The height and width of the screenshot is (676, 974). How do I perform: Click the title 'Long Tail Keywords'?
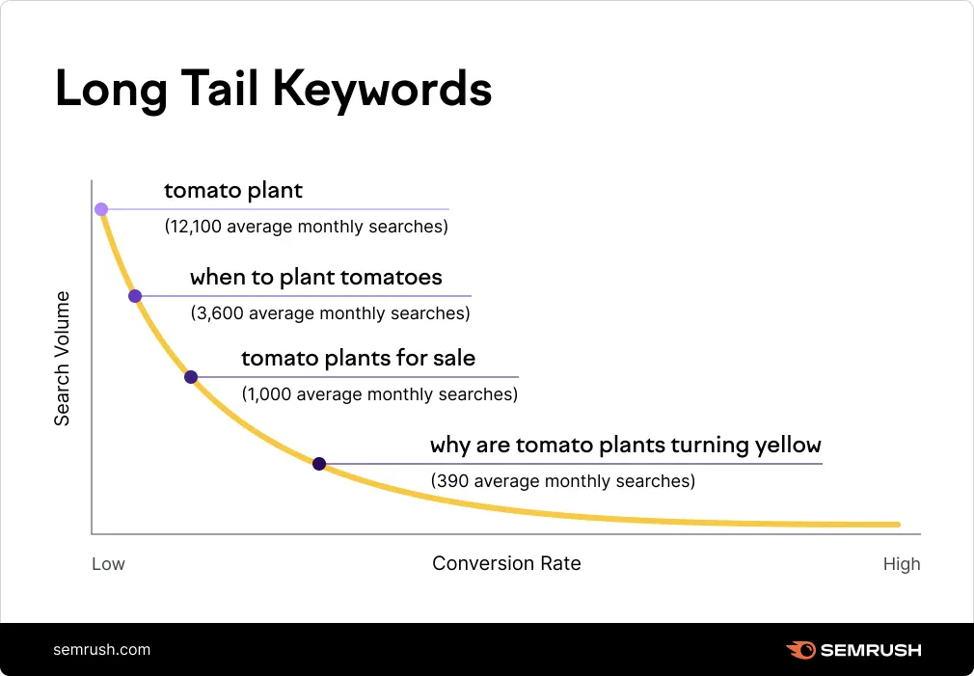[x=273, y=90]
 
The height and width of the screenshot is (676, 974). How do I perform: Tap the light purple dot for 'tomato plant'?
[x=101, y=209]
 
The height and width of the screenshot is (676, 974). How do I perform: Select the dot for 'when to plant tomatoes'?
[x=135, y=296]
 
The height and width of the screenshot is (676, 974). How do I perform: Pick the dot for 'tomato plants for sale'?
[x=191, y=377]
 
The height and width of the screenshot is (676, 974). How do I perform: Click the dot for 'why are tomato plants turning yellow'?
[x=319, y=464]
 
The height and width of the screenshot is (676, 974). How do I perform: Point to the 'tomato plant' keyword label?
[x=233, y=191]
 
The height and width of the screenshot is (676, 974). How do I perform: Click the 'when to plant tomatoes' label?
[x=316, y=278]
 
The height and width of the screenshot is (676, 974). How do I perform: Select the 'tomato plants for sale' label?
[x=358, y=359]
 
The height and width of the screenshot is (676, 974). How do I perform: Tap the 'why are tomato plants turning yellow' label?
[x=625, y=446]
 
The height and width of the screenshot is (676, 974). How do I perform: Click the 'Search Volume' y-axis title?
[x=62, y=358]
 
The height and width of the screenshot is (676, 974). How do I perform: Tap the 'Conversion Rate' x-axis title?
[x=506, y=563]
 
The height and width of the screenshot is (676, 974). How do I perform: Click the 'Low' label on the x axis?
[x=108, y=564]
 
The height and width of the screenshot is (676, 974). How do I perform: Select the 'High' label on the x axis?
[x=902, y=564]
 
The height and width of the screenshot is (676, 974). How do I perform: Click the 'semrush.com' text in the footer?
[x=102, y=649]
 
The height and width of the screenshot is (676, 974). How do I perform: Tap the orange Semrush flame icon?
[x=800, y=650]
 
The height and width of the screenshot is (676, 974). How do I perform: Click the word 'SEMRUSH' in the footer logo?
[x=871, y=650]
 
